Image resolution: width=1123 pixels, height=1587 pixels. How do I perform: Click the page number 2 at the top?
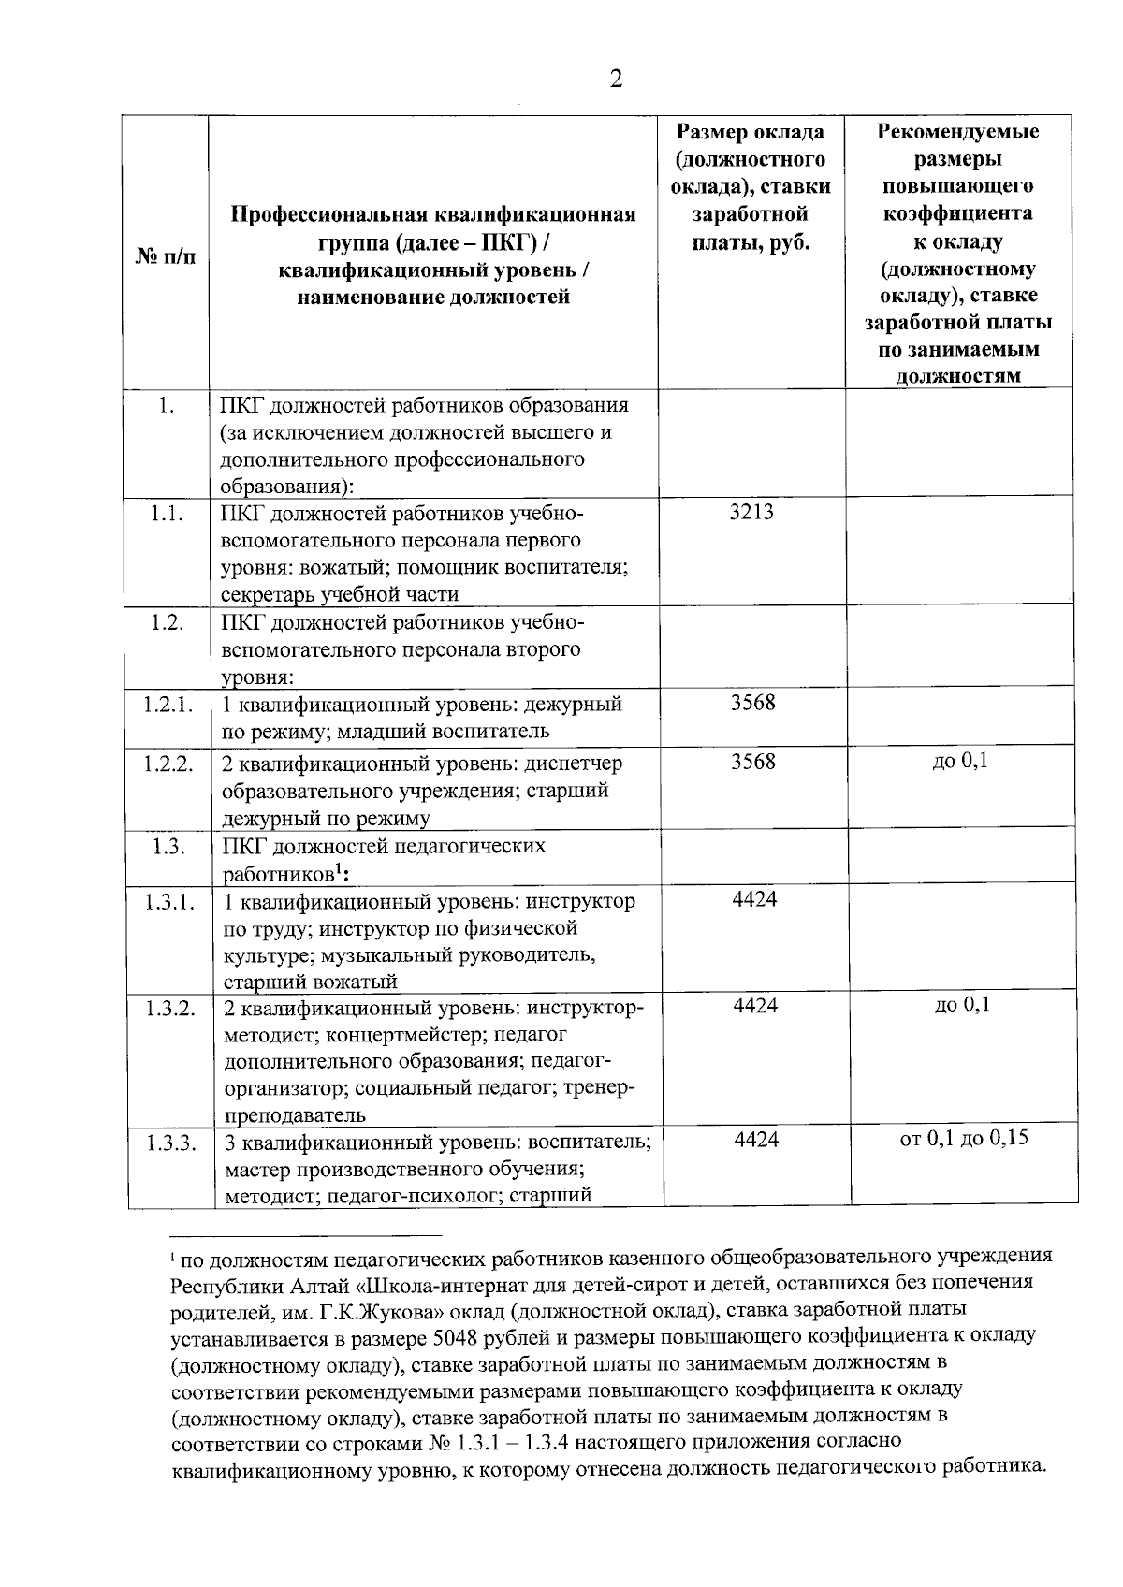(616, 79)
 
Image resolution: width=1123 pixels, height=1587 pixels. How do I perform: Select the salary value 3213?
(751, 512)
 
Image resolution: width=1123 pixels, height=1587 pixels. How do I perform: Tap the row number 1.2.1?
(168, 704)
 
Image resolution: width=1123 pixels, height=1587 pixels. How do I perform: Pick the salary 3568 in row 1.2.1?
(753, 703)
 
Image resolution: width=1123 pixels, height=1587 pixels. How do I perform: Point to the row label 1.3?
(168, 846)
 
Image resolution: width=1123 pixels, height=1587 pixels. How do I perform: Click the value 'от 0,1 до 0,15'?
(964, 1139)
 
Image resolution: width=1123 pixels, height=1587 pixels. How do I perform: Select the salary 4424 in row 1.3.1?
(754, 899)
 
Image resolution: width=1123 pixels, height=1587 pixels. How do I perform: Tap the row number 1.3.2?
(169, 1007)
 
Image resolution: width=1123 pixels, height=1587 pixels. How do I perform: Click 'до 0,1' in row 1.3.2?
(962, 1005)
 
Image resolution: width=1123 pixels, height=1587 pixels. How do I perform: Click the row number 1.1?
(166, 513)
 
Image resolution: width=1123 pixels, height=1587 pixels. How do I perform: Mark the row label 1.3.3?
(169, 1142)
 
